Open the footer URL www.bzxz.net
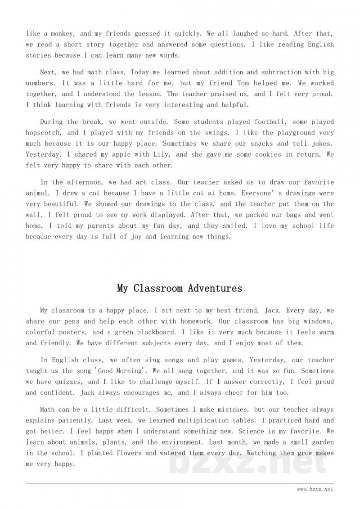point(315,489)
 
